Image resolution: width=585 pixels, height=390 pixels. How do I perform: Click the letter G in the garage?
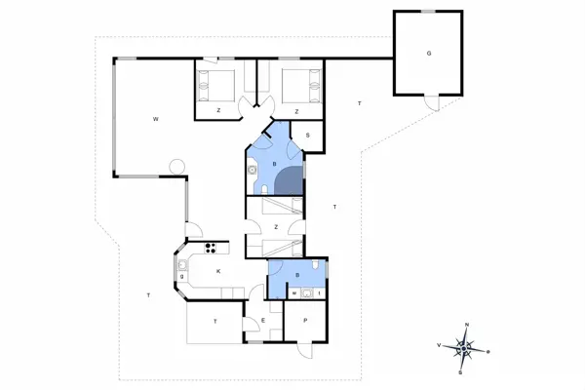[428, 53]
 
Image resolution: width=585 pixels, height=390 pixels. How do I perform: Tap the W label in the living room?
[155, 119]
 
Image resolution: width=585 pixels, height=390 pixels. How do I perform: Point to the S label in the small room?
[308, 136]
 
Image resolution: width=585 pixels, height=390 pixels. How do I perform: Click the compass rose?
[467, 346]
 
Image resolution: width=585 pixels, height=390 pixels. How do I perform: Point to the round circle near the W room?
[175, 167]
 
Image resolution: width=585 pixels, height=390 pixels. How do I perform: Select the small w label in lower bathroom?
[293, 292]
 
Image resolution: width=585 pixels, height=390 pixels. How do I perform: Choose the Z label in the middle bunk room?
[277, 227]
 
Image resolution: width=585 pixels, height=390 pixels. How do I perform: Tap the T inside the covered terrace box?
[215, 320]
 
